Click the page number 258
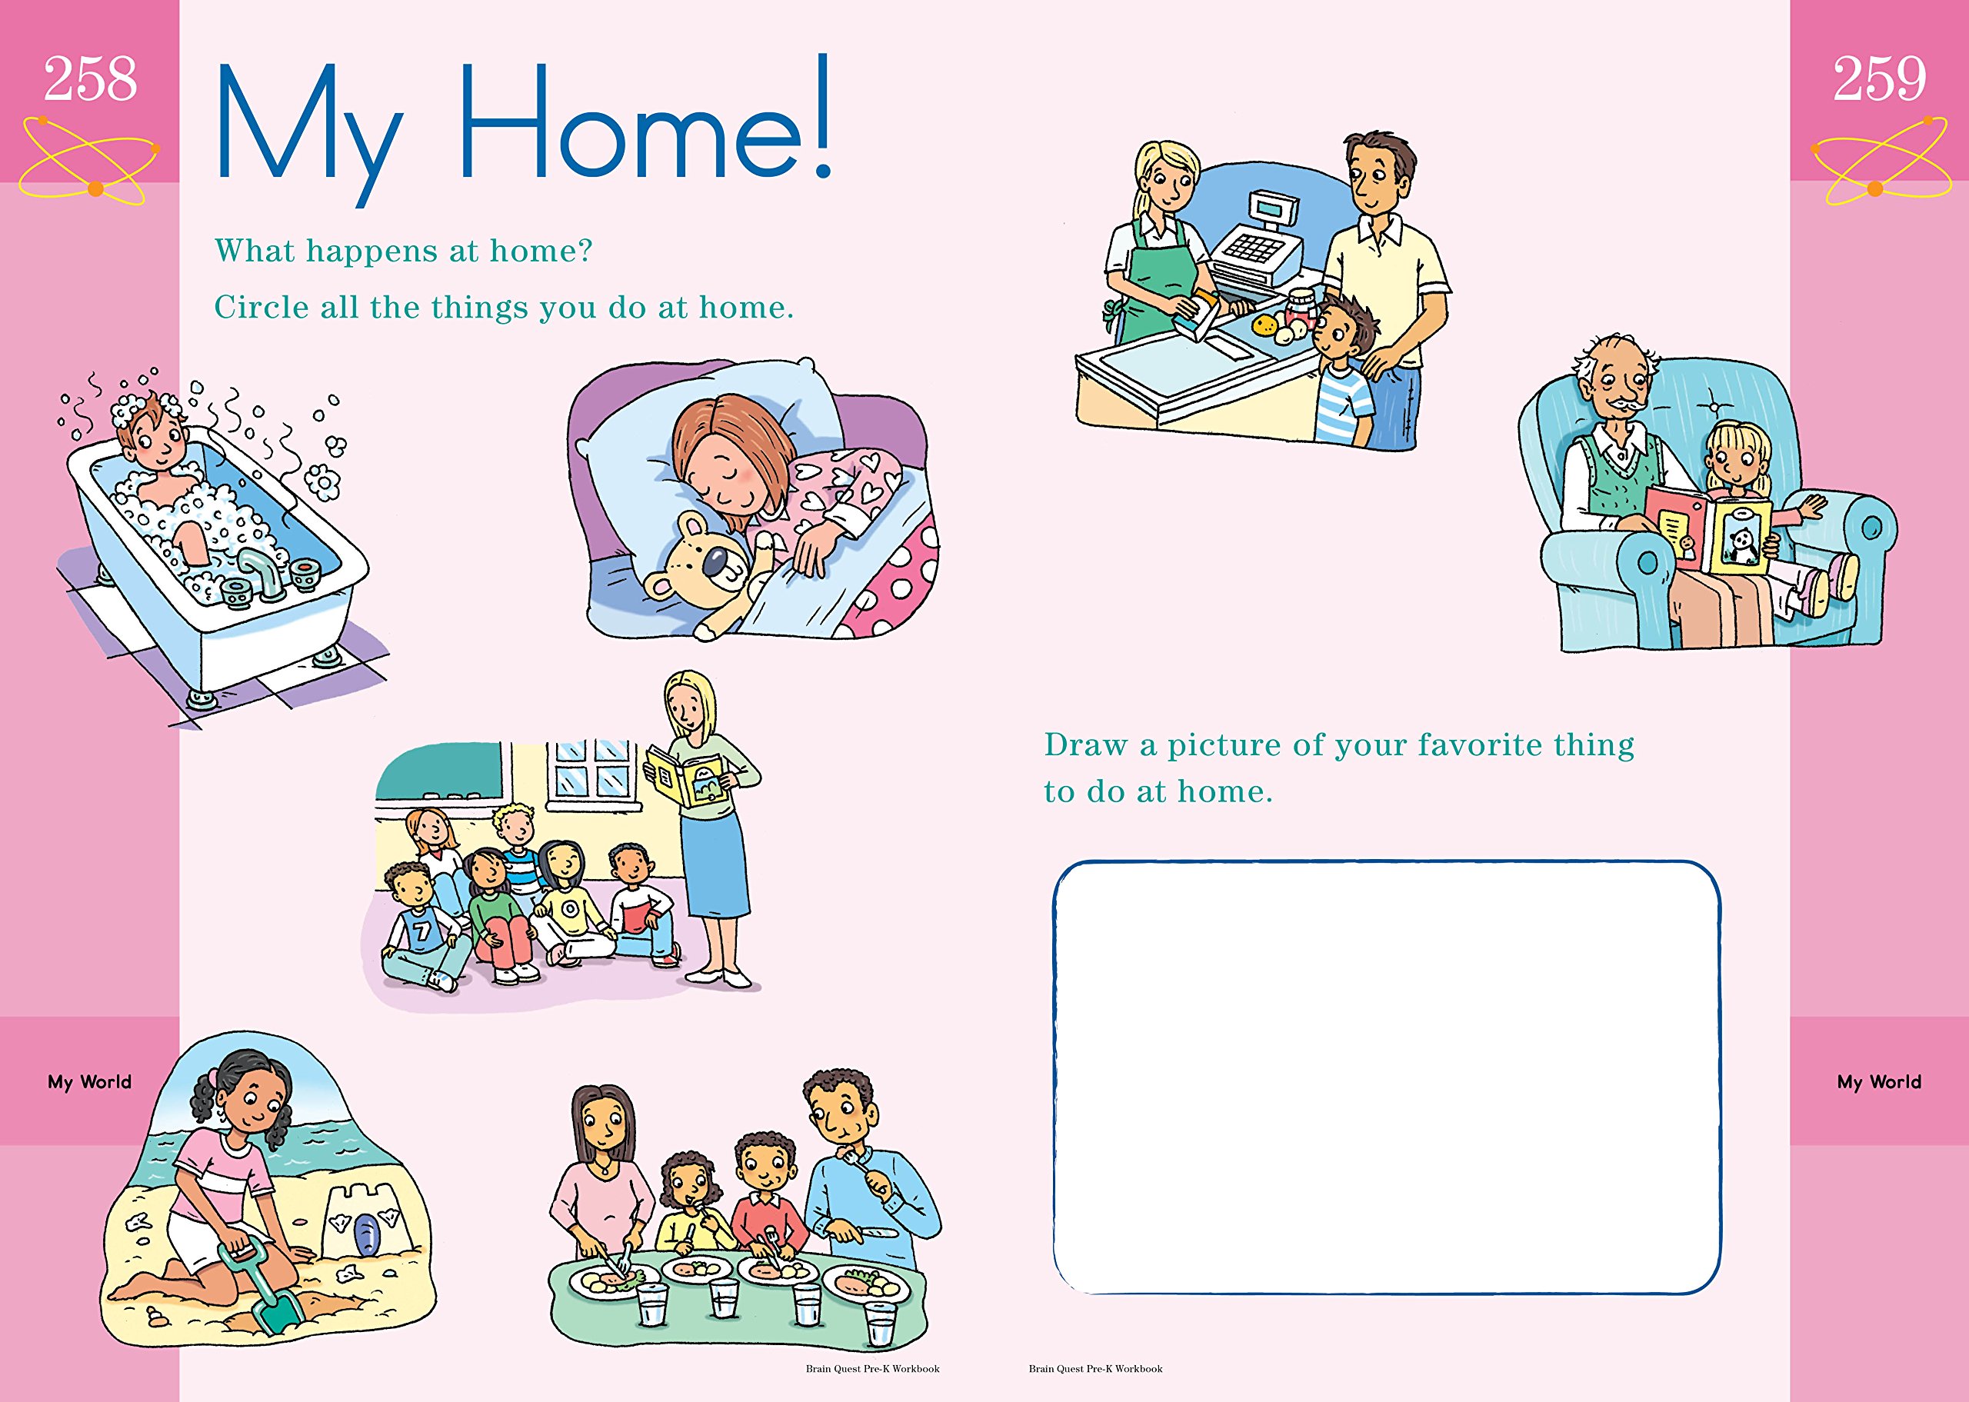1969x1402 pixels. point(90,78)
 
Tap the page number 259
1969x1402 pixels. point(1879,78)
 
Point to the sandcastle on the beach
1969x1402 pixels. point(361,1218)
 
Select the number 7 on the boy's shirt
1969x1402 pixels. point(421,931)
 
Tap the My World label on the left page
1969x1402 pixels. point(90,1082)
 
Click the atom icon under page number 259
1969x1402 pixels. point(1879,162)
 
